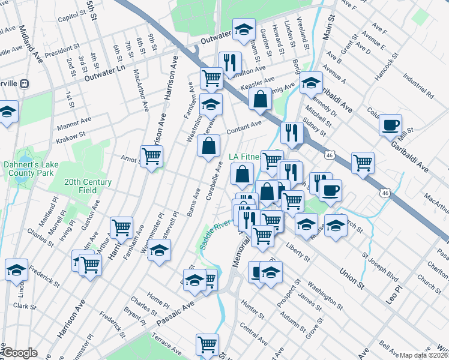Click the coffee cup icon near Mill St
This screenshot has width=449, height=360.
390,125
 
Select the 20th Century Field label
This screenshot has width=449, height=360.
88,186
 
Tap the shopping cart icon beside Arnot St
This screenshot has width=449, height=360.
152,157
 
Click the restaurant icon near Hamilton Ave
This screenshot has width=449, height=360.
229,62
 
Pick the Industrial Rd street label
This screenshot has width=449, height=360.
418,86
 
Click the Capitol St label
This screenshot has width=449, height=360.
72,19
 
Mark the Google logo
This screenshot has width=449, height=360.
19,353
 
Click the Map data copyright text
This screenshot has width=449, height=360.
424,355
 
